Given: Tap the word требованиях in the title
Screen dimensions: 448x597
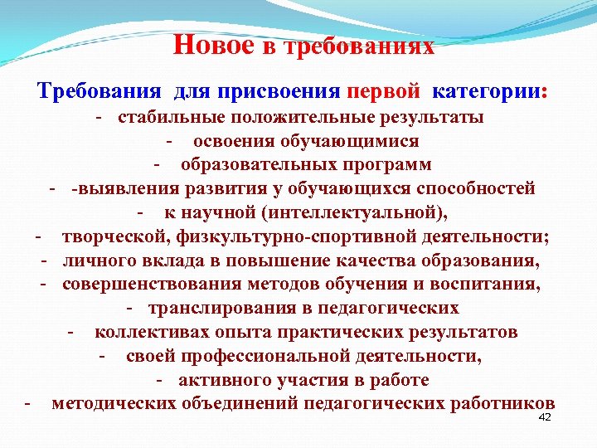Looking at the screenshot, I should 359,46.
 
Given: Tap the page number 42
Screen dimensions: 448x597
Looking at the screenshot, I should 545,416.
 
